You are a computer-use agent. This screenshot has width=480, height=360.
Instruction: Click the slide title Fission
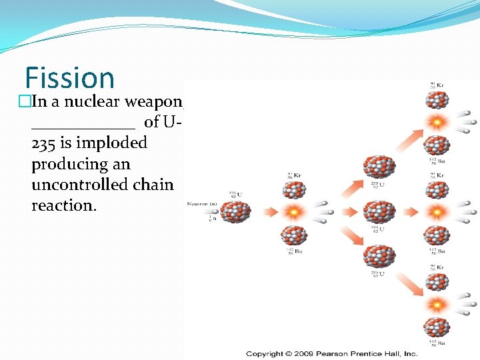pyautogui.click(x=70, y=77)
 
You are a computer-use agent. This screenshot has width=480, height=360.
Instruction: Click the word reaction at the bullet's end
pyautogui.click(x=63, y=205)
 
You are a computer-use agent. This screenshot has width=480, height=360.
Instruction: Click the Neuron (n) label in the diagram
pyautogui.click(x=202, y=203)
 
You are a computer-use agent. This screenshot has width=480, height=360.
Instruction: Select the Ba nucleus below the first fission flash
pyautogui.click(x=293, y=235)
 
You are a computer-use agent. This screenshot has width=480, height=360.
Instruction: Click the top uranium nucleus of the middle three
pyautogui.click(x=379, y=167)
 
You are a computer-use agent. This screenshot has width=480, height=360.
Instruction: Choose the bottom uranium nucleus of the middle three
pyautogui.click(x=379, y=256)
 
